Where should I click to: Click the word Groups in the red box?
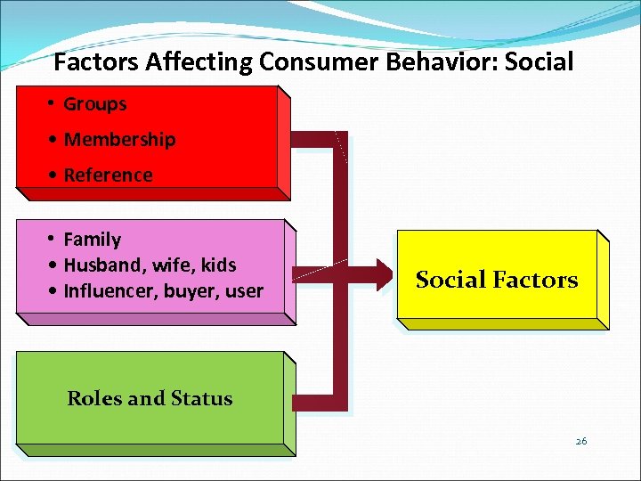(x=95, y=104)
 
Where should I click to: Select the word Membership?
(x=119, y=140)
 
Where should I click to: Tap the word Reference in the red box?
(x=108, y=175)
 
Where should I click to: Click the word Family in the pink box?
(x=93, y=240)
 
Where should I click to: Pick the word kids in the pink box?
(x=219, y=265)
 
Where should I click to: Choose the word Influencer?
(x=108, y=291)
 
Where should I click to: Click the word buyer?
(x=193, y=291)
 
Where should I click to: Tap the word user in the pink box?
(x=245, y=291)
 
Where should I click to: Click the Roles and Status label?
(x=150, y=399)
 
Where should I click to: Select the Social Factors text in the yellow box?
(x=497, y=281)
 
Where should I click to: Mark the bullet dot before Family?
(x=53, y=240)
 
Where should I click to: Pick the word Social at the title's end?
(x=534, y=63)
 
